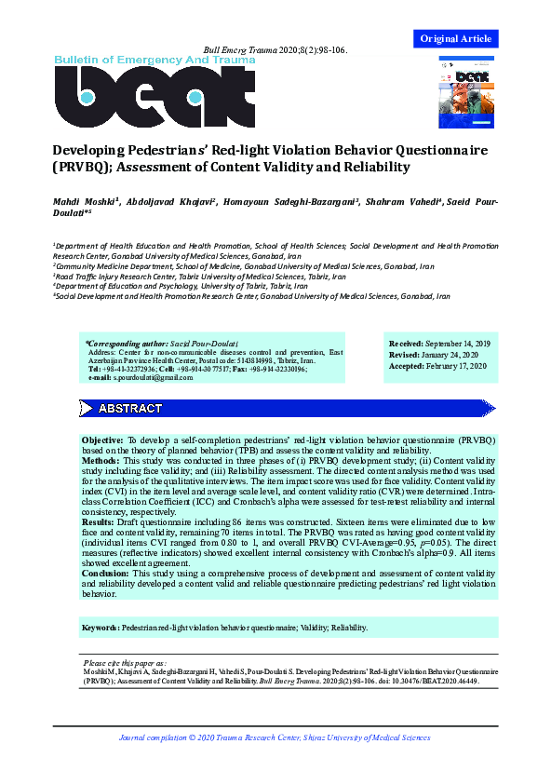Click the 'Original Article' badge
click(x=456, y=38)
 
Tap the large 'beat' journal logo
click(x=154, y=97)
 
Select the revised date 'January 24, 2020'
click(x=448, y=355)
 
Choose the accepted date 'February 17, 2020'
click(x=452, y=367)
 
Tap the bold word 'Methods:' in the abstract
click(x=100, y=460)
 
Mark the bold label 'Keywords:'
click(x=101, y=628)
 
